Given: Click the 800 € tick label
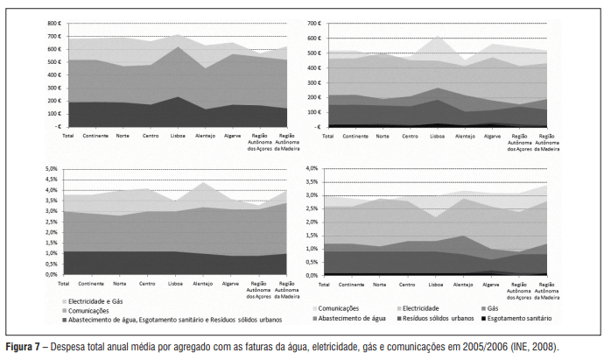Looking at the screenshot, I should pos(52,24).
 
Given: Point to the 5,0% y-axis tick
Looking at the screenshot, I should pos(51,168).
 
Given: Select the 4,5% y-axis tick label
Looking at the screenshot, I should pos(51,179).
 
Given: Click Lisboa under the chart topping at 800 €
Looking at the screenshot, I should pos(177,137).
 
